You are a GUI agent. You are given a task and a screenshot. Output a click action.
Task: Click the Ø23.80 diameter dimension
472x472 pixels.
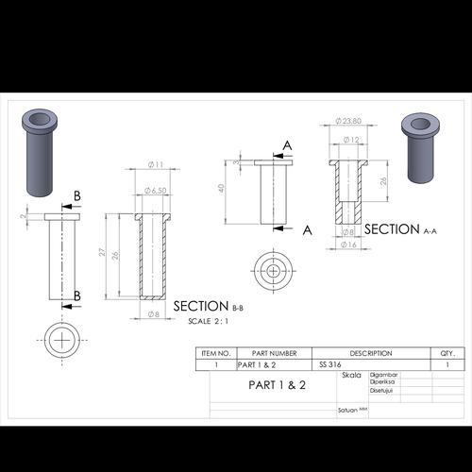click(x=348, y=122)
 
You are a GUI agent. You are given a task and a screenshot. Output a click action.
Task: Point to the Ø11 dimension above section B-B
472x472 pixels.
click(x=156, y=166)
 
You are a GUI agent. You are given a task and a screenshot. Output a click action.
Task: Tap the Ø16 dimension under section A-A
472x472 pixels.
click(x=347, y=244)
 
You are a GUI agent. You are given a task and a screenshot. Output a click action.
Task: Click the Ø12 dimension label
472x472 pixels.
click(x=350, y=140)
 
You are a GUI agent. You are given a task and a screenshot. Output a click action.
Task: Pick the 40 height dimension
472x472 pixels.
click(x=222, y=188)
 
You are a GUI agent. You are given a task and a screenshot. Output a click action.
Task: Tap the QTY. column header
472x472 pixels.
click(x=447, y=353)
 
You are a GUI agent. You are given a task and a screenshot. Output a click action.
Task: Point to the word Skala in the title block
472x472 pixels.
click(x=351, y=375)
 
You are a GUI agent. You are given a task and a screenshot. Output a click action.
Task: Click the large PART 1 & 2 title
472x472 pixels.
click(x=277, y=385)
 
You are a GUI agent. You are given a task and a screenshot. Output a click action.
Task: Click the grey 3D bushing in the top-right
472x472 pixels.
click(x=423, y=146)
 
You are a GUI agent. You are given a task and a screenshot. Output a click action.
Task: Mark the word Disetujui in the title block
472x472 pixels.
click(x=383, y=391)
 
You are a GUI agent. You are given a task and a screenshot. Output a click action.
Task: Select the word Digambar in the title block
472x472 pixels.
click(x=383, y=375)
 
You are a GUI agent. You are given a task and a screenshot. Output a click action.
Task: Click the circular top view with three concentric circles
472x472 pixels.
click(x=274, y=271)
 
